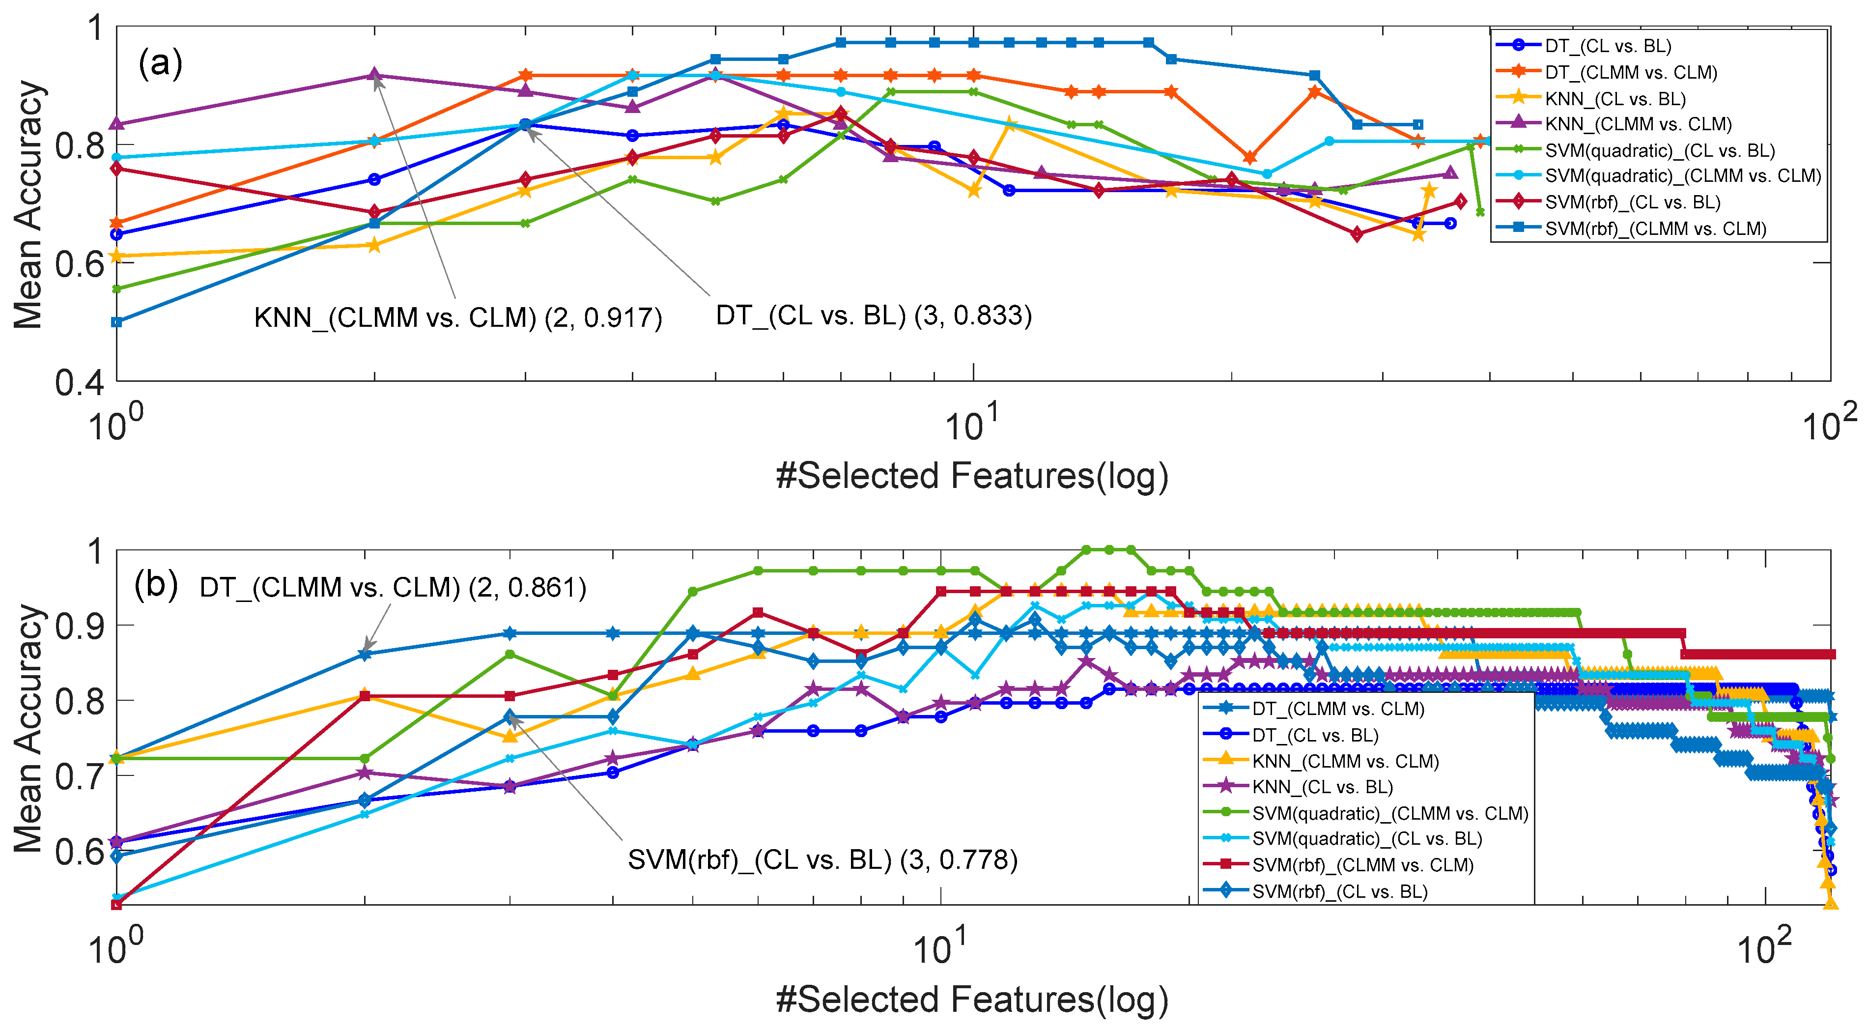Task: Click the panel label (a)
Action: click(160, 64)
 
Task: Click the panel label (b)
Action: click(156, 585)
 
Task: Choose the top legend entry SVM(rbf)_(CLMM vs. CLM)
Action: click(1655, 229)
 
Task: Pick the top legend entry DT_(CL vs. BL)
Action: click(1608, 46)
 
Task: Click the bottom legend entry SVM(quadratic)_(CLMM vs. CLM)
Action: click(1389, 813)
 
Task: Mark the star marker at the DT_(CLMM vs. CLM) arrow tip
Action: click(365, 655)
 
